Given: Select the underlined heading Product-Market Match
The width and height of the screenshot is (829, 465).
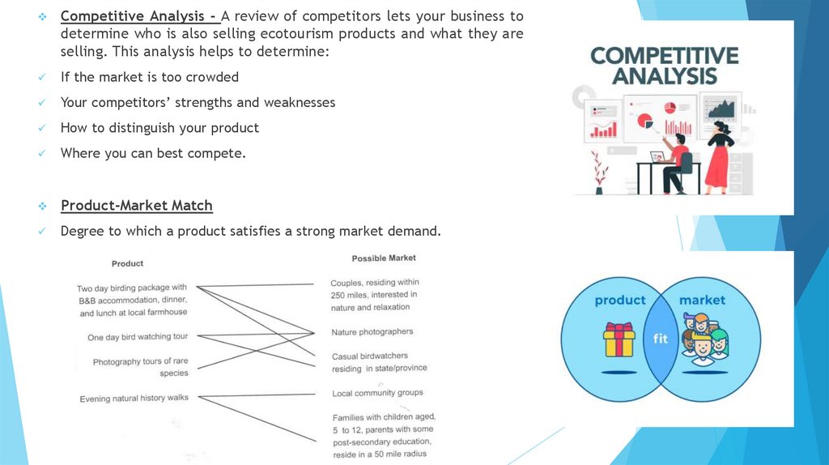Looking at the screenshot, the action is (x=136, y=205).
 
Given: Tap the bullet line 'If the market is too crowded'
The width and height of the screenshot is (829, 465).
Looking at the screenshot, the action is (x=149, y=77).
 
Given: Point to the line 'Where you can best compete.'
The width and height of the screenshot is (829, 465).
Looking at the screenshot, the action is (x=152, y=152).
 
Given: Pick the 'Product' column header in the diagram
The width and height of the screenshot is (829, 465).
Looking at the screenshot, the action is (x=127, y=263).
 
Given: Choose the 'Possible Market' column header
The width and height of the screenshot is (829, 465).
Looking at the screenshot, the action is (x=384, y=258).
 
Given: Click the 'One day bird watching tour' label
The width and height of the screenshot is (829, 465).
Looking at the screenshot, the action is (x=138, y=337).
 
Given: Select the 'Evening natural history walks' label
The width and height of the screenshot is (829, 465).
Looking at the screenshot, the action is (x=134, y=399).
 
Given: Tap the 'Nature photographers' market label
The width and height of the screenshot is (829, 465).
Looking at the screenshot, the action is (x=372, y=332).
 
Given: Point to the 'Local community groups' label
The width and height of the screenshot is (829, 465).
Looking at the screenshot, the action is (x=377, y=394).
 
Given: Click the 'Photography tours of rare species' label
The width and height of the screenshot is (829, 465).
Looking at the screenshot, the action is (x=141, y=367).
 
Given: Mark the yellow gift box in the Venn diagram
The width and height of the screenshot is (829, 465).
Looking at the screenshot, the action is (x=619, y=340).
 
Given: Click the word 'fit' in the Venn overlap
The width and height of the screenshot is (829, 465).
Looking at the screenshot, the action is (x=661, y=339).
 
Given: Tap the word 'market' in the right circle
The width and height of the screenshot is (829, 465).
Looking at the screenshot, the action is (x=702, y=300).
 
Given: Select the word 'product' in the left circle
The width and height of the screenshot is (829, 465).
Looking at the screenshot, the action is (x=620, y=300).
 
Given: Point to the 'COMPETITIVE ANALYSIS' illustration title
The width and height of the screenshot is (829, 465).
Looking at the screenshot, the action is (x=665, y=66).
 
